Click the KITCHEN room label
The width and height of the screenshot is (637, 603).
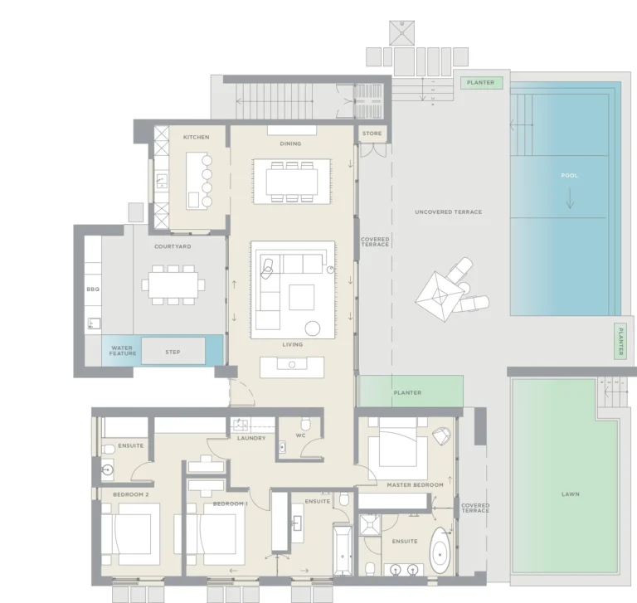click(x=197, y=137)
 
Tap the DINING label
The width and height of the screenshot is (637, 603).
click(x=290, y=143)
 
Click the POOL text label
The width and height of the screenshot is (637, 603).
click(x=569, y=176)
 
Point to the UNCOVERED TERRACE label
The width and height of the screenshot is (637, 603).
click(x=449, y=212)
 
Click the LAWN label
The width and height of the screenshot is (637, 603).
click(x=570, y=494)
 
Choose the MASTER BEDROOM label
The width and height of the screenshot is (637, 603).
click(x=415, y=484)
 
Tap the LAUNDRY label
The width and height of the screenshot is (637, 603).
click(x=251, y=438)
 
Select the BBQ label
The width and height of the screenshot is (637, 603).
click(x=93, y=289)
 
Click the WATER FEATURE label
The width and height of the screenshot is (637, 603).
click(x=122, y=351)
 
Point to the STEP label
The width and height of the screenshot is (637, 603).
click(x=173, y=352)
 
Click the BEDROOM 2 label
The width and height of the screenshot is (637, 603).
click(x=130, y=494)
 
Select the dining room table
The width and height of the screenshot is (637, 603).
click(x=291, y=180)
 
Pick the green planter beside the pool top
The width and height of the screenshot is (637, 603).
click(x=480, y=83)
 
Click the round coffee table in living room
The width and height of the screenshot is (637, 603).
click(x=314, y=328)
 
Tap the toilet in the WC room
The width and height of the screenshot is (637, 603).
click(x=305, y=422)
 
